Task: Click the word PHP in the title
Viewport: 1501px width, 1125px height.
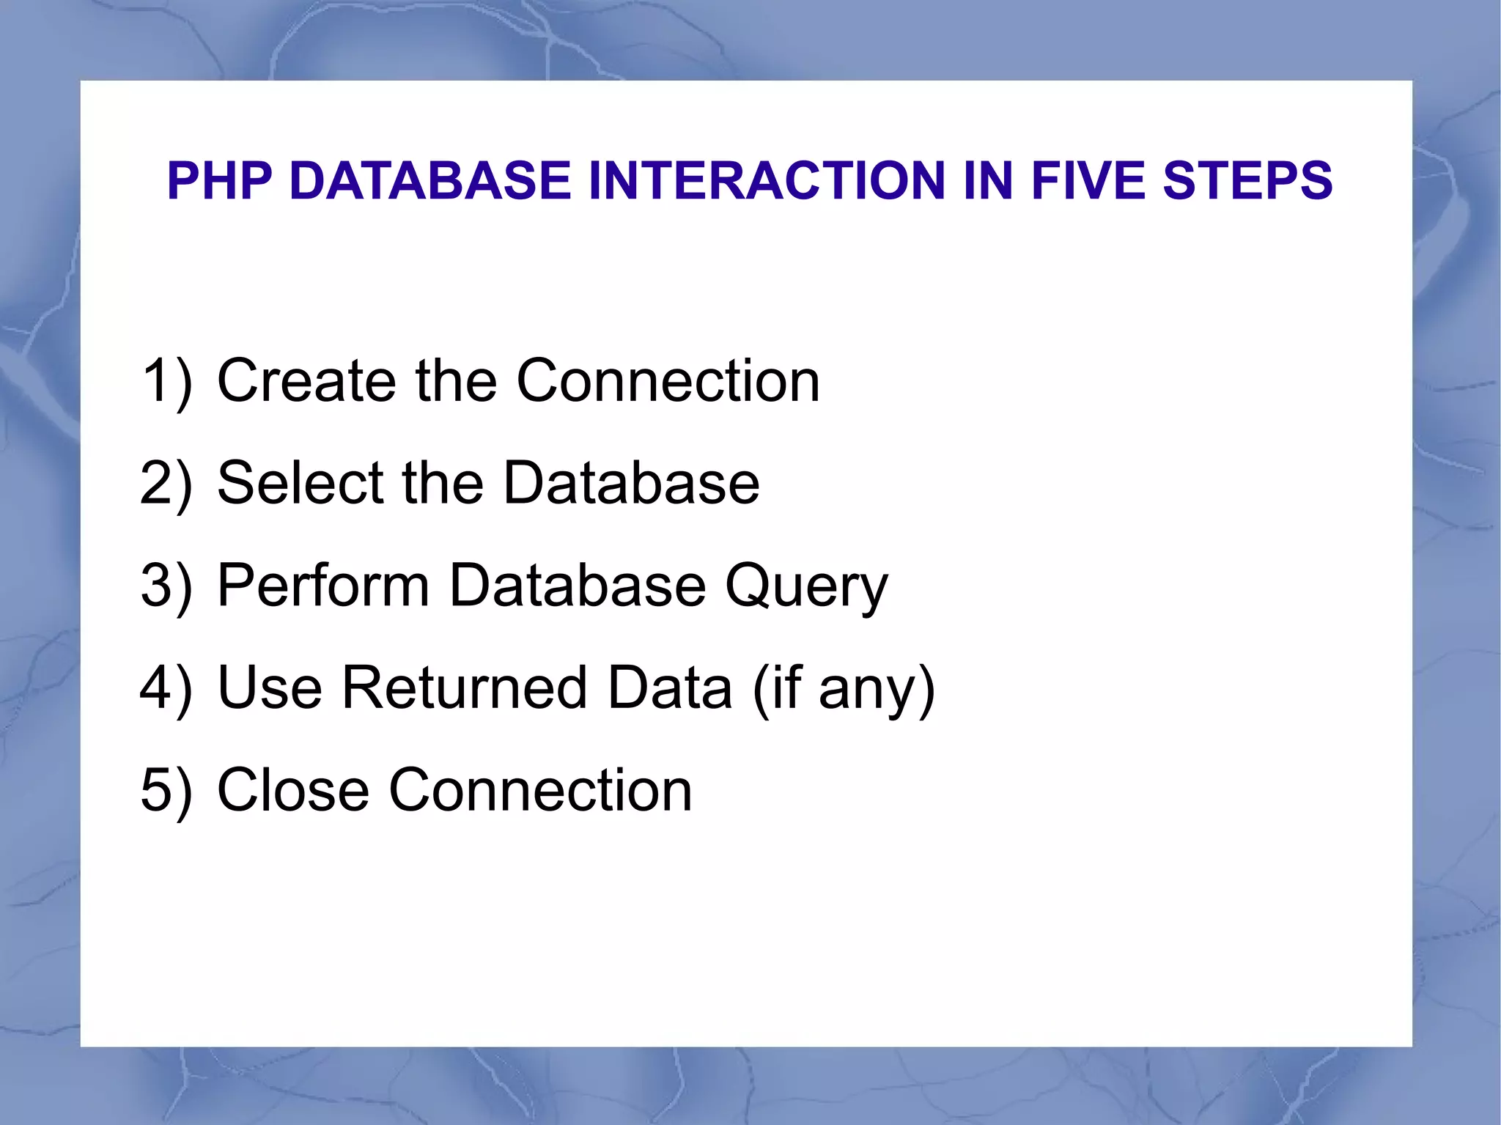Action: (x=219, y=181)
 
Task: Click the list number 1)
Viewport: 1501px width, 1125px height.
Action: (x=166, y=381)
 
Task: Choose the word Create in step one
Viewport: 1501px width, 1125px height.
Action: (x=306, y=381)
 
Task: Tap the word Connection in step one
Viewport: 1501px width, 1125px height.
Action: (x=668, y=381)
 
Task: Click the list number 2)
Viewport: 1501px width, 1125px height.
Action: (x=166, y=484)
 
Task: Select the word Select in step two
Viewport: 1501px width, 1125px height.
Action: (x=300, y=484)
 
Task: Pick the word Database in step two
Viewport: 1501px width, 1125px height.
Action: (x=632, y=484)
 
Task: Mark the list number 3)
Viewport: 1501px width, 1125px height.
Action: (x=166, y=586)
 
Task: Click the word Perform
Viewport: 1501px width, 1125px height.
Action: (x=323, y=586)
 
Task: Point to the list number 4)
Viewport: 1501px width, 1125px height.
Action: (x=166, y=688)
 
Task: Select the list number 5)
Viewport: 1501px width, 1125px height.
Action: (x=166, y=791)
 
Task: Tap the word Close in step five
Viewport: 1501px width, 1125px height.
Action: (x=293, y=791)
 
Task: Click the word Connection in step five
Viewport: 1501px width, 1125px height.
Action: (x=540, y=791)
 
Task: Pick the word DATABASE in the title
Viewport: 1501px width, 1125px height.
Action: (x=430, y=181)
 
